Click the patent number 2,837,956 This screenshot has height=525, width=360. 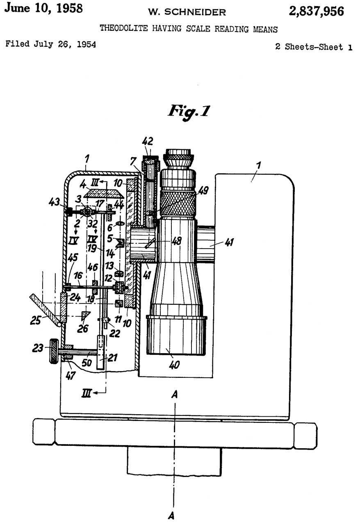(316, 11)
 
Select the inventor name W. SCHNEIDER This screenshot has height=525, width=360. (187, 12)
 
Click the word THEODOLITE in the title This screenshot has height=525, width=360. (122, 29)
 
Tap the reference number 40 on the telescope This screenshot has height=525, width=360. (174, 364)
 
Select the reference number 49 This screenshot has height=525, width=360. (203, 190)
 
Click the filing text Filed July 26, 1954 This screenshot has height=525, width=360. (50, 44)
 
